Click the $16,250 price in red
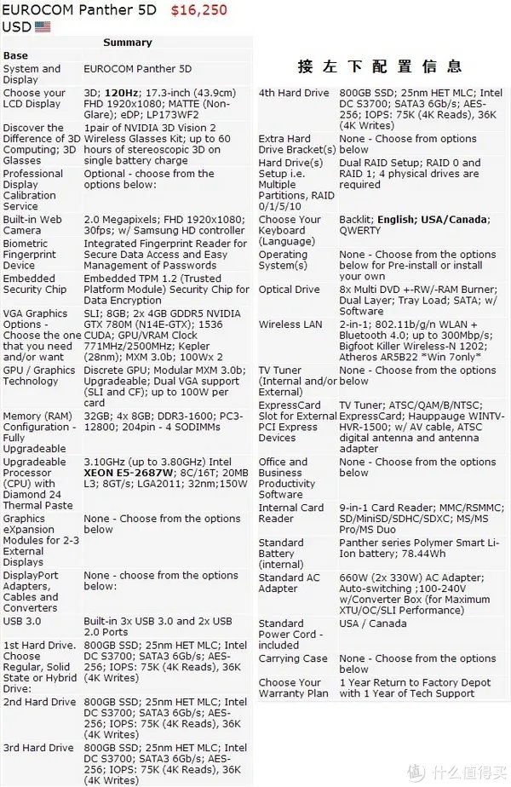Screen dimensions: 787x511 (x=198, y=10)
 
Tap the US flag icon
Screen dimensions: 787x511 (x=43, y=26)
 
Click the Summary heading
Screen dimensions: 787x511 (x=127, y=43)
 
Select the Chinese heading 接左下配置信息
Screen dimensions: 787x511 (x=379, y=66)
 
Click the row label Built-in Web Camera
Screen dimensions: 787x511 (x=32, y=225)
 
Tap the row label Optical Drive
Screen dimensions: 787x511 (x=289, y=290)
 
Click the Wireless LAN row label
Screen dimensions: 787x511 (x=291, y=325)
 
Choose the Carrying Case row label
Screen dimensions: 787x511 (x=292, y=658)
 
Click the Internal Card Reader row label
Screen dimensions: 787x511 (x=290, y=513)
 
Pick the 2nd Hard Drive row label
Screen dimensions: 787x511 (x=39, y=703)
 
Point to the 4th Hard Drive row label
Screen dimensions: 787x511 (x=293, y=93)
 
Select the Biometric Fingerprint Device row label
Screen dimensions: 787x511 (x=30, y=254)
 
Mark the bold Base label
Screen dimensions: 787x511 (x=15, y=55)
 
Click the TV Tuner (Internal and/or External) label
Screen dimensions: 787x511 (x=297, y=381)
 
